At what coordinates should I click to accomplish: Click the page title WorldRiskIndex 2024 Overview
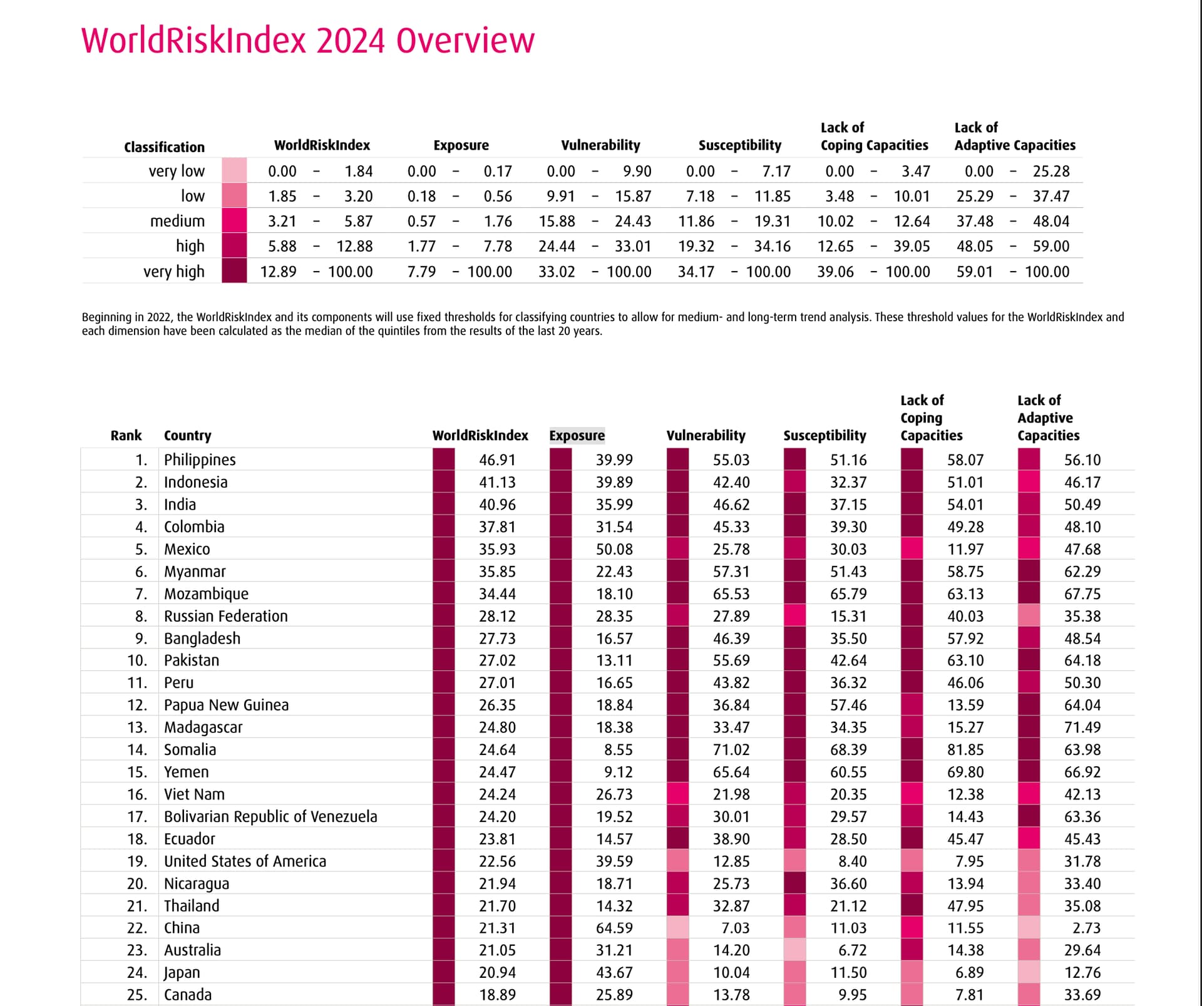pos(308,41)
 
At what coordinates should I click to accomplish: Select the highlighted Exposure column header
pos(577,435)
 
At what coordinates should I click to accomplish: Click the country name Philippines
pos(200,459)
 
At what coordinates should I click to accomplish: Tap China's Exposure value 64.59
pos(614,928)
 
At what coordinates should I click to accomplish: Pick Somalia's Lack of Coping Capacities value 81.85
pos(965,749)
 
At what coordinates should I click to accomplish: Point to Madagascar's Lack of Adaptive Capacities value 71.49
pos(1082,727)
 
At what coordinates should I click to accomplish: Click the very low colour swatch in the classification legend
pos(234,170)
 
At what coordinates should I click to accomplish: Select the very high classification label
pos(174,272)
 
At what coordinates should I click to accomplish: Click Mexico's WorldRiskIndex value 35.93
pos(497,549)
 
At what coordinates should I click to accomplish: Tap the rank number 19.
pos(137,861)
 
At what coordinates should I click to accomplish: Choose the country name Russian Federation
pos(226,616)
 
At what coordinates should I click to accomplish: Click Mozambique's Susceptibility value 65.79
pos(848,593)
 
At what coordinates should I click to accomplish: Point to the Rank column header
pos(126,435)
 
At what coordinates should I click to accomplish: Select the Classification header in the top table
pos(165,147)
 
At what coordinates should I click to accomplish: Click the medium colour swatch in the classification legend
pos(234,220)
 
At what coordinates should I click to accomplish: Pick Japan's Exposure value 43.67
pos(614,972)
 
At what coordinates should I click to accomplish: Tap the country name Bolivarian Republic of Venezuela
pos(270,816)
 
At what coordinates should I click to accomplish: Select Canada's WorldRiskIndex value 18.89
pos(497,995)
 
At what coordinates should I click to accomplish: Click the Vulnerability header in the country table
pos(706,435)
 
